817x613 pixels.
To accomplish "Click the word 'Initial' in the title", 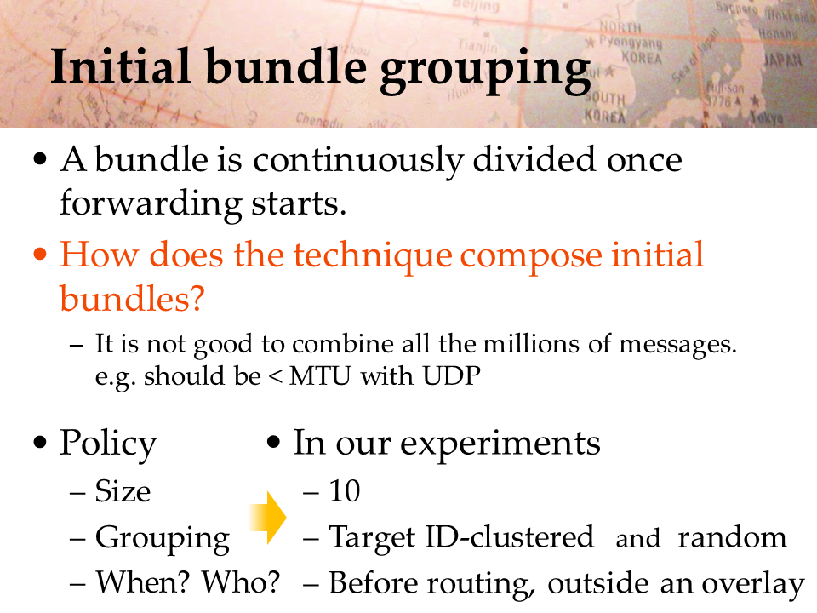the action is (120, 66).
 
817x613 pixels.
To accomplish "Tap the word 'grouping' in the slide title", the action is (485, 71).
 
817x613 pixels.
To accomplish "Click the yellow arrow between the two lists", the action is (268, 518).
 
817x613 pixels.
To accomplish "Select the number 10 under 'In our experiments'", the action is (345, 490).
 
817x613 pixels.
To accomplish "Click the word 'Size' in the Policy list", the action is (123, 490).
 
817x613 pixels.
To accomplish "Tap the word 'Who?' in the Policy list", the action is (241, 581).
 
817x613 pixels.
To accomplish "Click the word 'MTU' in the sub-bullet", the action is (319, 375).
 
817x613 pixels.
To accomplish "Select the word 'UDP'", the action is (451, 375).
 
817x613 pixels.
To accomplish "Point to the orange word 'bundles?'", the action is (132, 299).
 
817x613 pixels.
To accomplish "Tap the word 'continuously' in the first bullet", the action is (357, 161).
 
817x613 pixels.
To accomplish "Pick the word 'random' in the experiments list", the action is (732, 537).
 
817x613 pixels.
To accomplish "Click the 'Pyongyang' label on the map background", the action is (630, 42).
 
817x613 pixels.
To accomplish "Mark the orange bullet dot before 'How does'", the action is (40, 255).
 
